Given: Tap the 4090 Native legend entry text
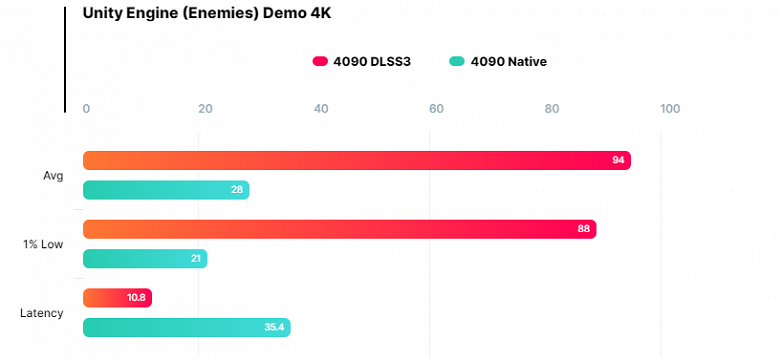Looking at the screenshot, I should (508, 61).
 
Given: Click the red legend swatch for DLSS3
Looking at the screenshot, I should (320, 61).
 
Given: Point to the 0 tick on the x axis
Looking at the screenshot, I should (87, 109).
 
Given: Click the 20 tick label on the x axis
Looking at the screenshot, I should (204, 109).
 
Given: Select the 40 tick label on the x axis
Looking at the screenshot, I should (320, 109).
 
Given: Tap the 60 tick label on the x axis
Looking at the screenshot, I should (436, 109).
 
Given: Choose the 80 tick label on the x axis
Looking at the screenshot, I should (552, 109).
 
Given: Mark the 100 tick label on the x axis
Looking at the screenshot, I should (669, 109).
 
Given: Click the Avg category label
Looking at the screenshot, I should (53, 176).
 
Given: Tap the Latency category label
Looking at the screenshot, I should (42, 313).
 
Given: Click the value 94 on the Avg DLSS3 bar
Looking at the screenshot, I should (618, 160).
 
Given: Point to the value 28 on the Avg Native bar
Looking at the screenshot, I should (237, 190).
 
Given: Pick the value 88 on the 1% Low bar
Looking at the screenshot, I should (584, 229).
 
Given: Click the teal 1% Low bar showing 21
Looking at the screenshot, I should (145, 259).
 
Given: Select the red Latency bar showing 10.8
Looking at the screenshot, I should (117, 298).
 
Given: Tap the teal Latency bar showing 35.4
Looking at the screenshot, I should (186, 327).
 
